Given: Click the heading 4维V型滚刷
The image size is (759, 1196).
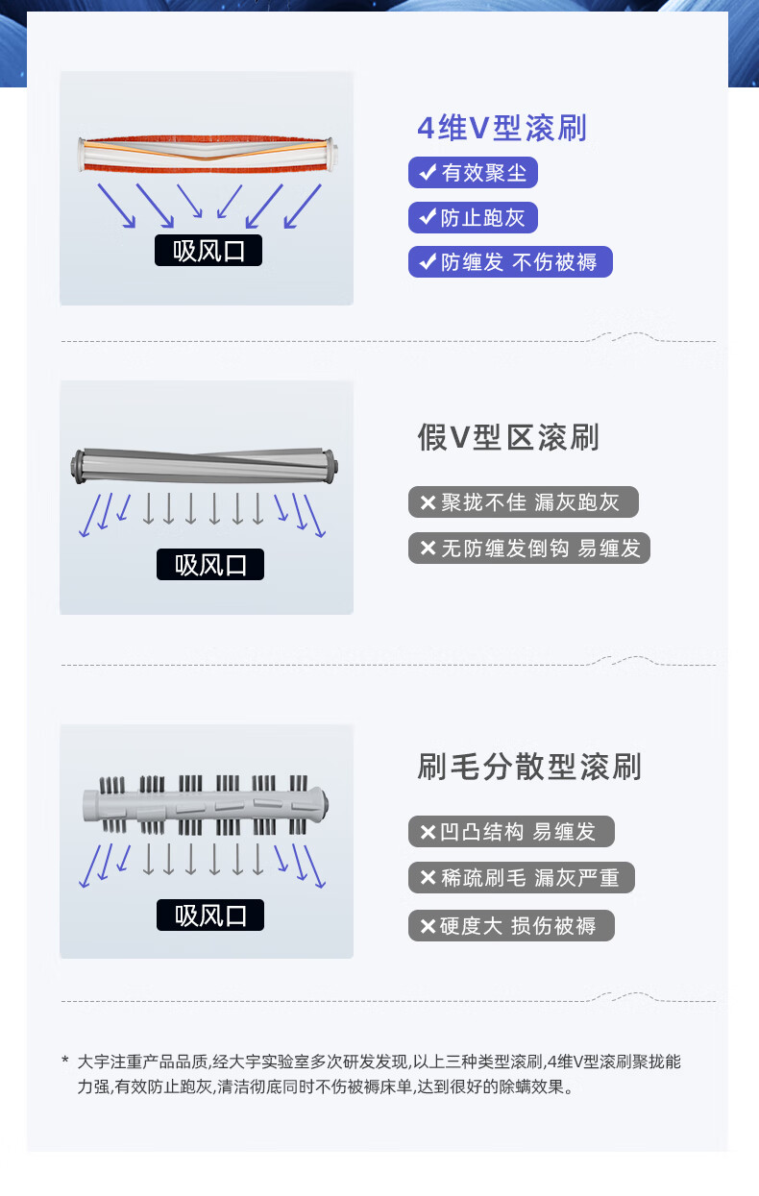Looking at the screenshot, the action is (x=502, y=128).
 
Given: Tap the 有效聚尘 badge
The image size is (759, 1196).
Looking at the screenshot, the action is (x=473, y=173).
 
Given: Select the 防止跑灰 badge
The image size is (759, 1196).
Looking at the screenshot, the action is (x=473, y=217).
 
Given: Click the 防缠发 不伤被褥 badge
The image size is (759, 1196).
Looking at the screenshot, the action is (x=510, y=261).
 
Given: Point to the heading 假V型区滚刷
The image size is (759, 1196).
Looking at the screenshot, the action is (x=508, y=437).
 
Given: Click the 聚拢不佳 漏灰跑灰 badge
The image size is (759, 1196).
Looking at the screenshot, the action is (x=524, y=501).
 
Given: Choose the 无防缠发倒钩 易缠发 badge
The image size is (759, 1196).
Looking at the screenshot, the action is (x=529, y=548).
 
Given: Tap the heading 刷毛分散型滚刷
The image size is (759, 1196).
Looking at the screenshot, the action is (x=528, y=767).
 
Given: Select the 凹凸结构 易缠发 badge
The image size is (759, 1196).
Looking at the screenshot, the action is (x=511, y=831).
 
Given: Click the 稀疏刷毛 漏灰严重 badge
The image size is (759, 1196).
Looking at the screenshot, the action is (x=522, y=877).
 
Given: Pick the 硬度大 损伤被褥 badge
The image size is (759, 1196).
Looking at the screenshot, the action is (x=511, y=925).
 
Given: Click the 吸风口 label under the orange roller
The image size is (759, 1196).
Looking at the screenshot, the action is (x=208, y=250).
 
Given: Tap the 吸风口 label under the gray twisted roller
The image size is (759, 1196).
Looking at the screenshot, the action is (x=209, y=564).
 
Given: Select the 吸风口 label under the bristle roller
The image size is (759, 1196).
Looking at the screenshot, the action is (x=209, y=915).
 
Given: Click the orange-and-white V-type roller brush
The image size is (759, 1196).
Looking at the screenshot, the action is (x=208, y=155).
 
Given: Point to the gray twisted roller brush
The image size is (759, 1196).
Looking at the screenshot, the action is (x=205, y=466).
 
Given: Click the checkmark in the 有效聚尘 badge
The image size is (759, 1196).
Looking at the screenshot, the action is (x=428, y=172).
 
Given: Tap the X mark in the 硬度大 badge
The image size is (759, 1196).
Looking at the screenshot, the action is (x=428, y=926).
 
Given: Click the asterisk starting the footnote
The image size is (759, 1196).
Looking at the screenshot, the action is (x=65, y=1060).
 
